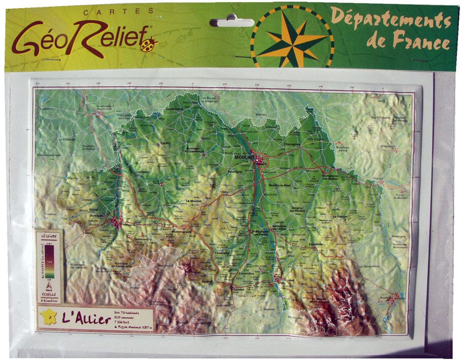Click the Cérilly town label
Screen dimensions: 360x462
point(165,144)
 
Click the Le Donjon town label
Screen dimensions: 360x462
point(340,217)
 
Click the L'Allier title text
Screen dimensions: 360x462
point(86,319)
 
